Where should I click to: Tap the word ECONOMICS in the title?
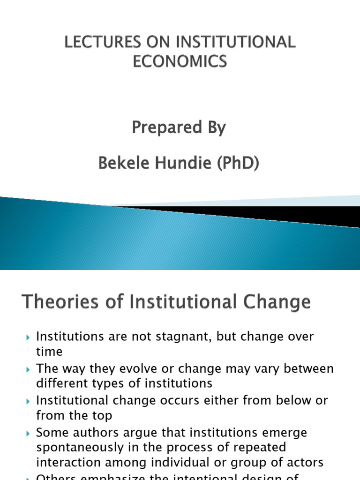click(x=180, y=61)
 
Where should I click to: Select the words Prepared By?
click(x=179, y=127)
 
